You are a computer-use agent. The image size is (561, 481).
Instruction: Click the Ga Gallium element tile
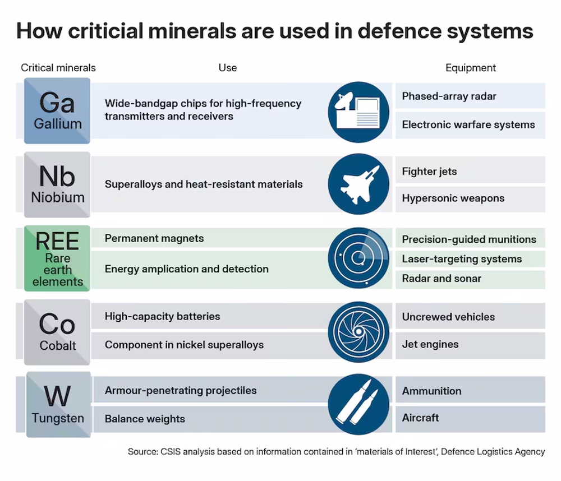click(x=57, y=111)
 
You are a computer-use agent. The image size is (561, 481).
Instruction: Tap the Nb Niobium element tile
click(x=57, y=184)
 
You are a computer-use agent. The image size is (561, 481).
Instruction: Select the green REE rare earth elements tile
click(x=57, y=258)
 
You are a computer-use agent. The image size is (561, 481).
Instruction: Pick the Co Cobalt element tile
click(x=57, y=332)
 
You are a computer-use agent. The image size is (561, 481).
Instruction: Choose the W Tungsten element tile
click(x=59, y=404)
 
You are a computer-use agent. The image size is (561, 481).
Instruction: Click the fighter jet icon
click(x=358, y=184)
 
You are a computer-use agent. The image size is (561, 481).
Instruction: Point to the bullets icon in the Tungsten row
click(x=358, y=404)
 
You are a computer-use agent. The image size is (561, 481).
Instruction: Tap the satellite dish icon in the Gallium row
click(x=358, y=112)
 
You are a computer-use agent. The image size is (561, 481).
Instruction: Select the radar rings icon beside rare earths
click(x=358, y=258)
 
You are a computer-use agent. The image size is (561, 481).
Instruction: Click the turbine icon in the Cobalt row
click(x=358, y=332)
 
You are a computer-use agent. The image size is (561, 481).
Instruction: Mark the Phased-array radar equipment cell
click(x=470, y=96)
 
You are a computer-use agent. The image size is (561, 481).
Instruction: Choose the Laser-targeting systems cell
click(x=470, y=259)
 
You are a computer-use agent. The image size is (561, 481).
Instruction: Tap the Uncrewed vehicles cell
click(x=470, y=316)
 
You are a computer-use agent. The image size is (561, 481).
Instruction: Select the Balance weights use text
click(x=145, y=419)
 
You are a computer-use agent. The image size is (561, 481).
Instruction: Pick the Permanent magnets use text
click(x=154, y=238)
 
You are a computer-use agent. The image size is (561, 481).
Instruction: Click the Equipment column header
click(x=471, y=68)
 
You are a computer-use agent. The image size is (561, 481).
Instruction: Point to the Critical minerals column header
click(x=58, y=68)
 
